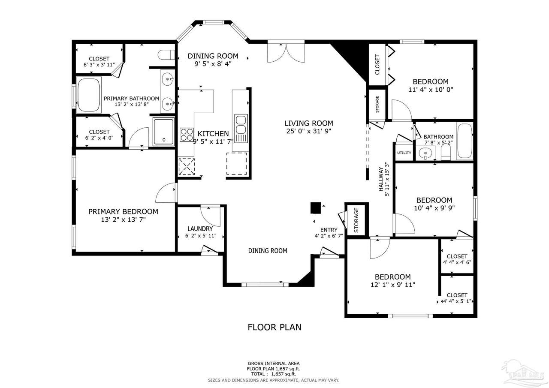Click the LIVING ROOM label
click(308, 123)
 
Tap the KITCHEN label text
click(213, 133)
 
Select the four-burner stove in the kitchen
click(187, 135)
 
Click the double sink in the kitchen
click(241, 128)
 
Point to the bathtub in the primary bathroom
click(89, 95)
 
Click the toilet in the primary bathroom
click(166, 54)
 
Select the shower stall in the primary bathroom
click(164, 132)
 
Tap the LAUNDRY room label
click(200, 229)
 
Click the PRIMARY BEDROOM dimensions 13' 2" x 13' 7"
click(123, 220)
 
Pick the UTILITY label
click(404, 153)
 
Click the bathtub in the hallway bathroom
click(465, 141)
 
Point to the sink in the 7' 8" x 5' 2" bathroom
click(425, 153)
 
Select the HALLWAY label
click(381, 179)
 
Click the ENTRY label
click(329, 230)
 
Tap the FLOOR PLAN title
click(274, 327)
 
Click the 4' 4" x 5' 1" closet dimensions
click(457, 301)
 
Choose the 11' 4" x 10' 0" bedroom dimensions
click(431, 90)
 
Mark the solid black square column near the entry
click(316, 208)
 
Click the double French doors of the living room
click(286, 53)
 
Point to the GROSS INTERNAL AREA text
click(274, 364)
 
